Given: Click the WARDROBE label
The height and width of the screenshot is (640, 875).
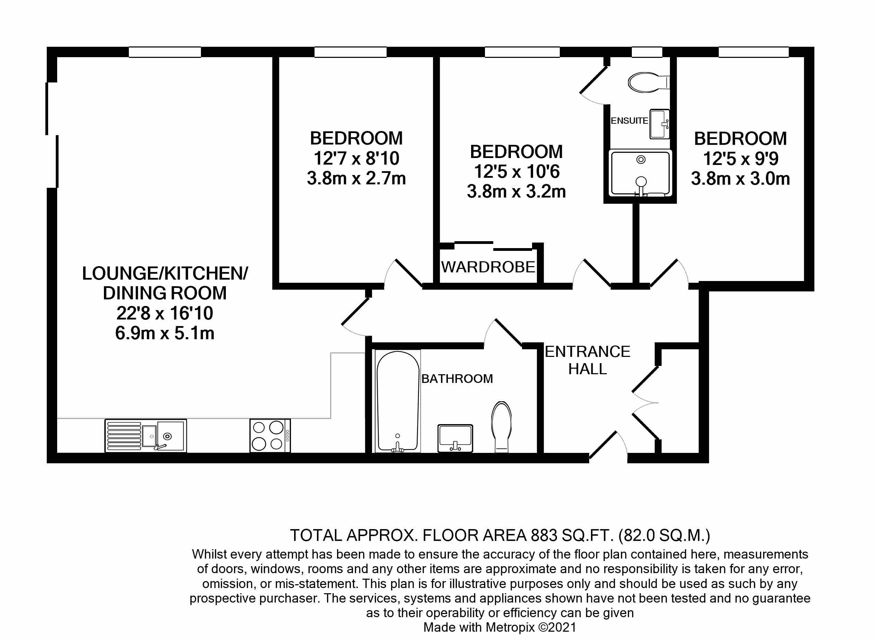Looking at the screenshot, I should (x=488, y=267).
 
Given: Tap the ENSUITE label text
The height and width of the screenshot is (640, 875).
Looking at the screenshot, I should (x=629, y=121).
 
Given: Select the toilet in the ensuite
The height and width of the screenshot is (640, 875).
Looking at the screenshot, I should (x=647, y=82).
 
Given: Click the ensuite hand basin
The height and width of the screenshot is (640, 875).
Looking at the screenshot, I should (x=659, y=124).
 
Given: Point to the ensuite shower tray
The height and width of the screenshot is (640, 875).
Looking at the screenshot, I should (x=640, y=173).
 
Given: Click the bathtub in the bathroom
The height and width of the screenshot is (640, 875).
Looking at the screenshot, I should (x=398, y=401).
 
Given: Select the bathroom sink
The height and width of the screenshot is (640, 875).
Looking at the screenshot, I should (x=455, y=438).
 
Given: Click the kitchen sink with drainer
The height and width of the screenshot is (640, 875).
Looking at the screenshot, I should (x=145, y=436).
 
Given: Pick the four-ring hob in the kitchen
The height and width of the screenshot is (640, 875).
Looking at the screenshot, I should (x=269, y=436).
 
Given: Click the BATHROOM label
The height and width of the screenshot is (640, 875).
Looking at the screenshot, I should (x=457, y=378).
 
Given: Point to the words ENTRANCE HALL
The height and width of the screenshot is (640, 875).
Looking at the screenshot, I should (x=587, y=360).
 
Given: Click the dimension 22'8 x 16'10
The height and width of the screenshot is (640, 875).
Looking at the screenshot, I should (x=165, y=313).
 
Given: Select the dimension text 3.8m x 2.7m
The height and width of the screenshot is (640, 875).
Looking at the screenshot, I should (x=356, y=178).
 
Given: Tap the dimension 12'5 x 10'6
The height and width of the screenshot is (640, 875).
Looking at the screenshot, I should (x=517, y=172).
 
